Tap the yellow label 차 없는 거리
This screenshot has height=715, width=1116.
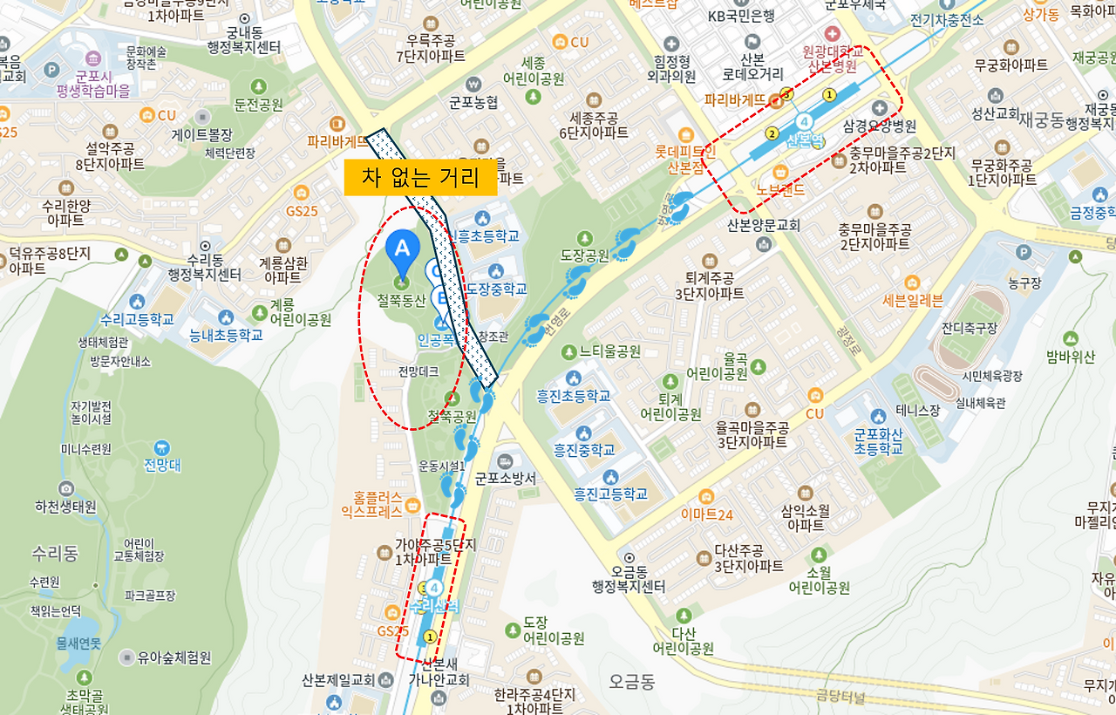click(420, 179)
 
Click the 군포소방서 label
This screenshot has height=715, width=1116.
click(506, 478)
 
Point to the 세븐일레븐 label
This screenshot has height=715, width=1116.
click(912, 301)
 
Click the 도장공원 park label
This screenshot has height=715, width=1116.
click(584, 255)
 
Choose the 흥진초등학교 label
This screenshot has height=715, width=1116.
click(573, 395)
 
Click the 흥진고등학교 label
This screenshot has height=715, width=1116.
click(610, 494)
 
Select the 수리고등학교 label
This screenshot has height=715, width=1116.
click(137, 318)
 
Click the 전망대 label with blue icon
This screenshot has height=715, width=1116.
click(162, 464)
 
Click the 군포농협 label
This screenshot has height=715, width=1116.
click(473, 101)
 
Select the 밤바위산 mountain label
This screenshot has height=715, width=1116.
click(1071, 356)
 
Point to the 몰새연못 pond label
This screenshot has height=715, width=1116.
click(78, 643)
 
